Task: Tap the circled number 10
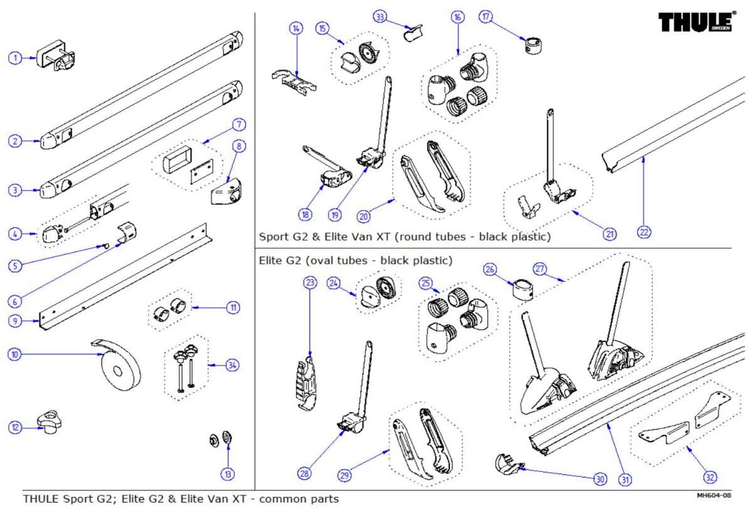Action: pos(14,355)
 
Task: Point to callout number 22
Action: pos(644,232)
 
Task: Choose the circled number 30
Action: pos(601,479)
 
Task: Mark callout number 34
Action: pos(233,365)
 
